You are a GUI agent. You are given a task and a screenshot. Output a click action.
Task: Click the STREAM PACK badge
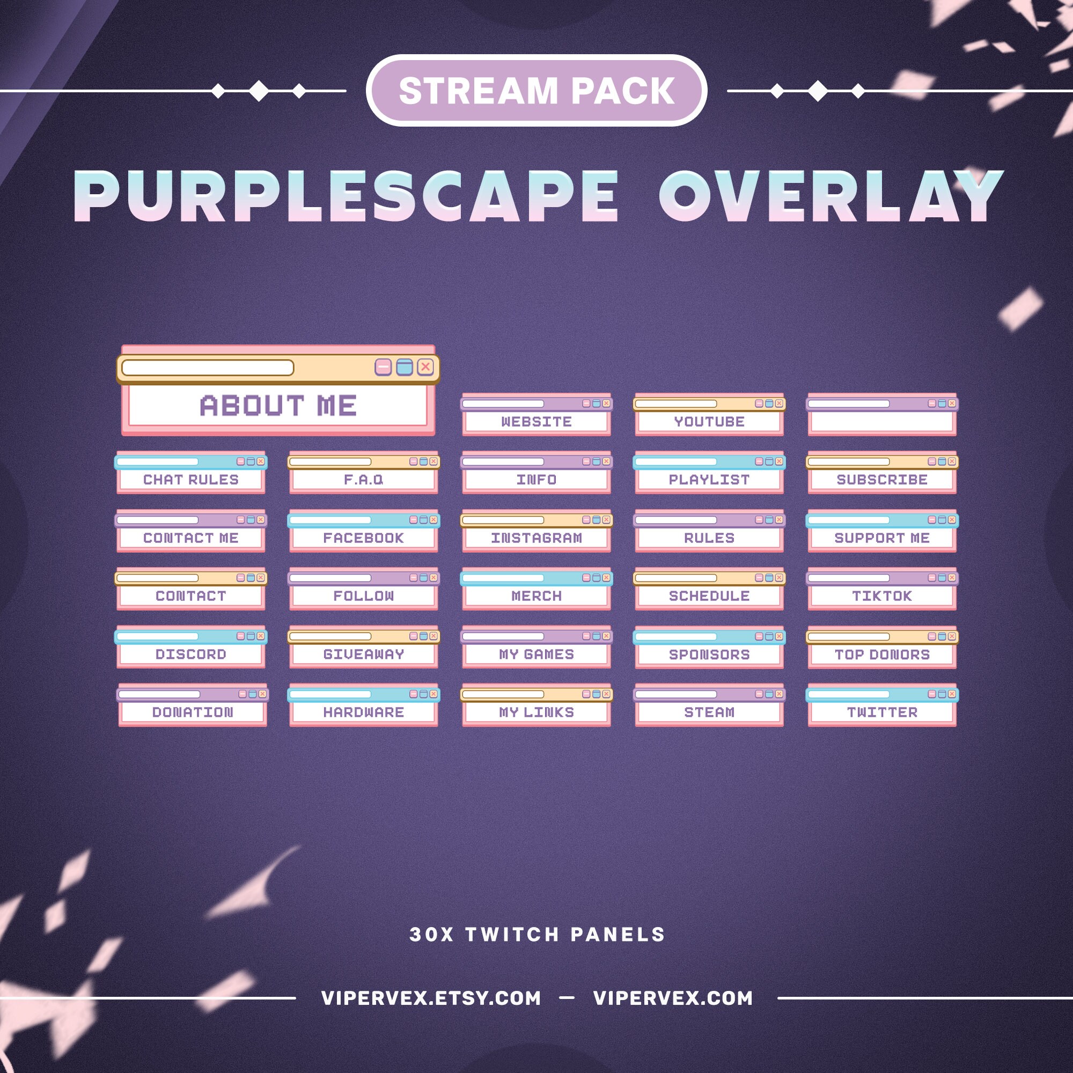[x=536, y=91]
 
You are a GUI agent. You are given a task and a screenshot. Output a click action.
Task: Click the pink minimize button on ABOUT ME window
[x=383, y=367]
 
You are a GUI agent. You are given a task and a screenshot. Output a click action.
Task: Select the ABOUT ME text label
[x=278, y=406]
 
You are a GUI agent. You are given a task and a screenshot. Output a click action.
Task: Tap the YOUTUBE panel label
[x=709, y=422]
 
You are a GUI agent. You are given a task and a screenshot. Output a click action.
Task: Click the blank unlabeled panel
[x=882, y=415]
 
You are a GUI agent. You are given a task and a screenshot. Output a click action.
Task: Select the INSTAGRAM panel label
[x=536, y=538]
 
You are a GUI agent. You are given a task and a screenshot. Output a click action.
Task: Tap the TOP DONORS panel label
[x=882, y=654]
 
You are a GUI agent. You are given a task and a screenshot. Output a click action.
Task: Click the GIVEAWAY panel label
[x=364, y=654]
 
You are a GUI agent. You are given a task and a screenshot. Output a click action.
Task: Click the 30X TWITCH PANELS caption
[x=537, y=935]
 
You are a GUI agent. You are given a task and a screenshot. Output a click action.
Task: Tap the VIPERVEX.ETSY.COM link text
[x=431, y=998]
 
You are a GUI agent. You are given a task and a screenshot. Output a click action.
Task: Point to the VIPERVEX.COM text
[x=673, y=998]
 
